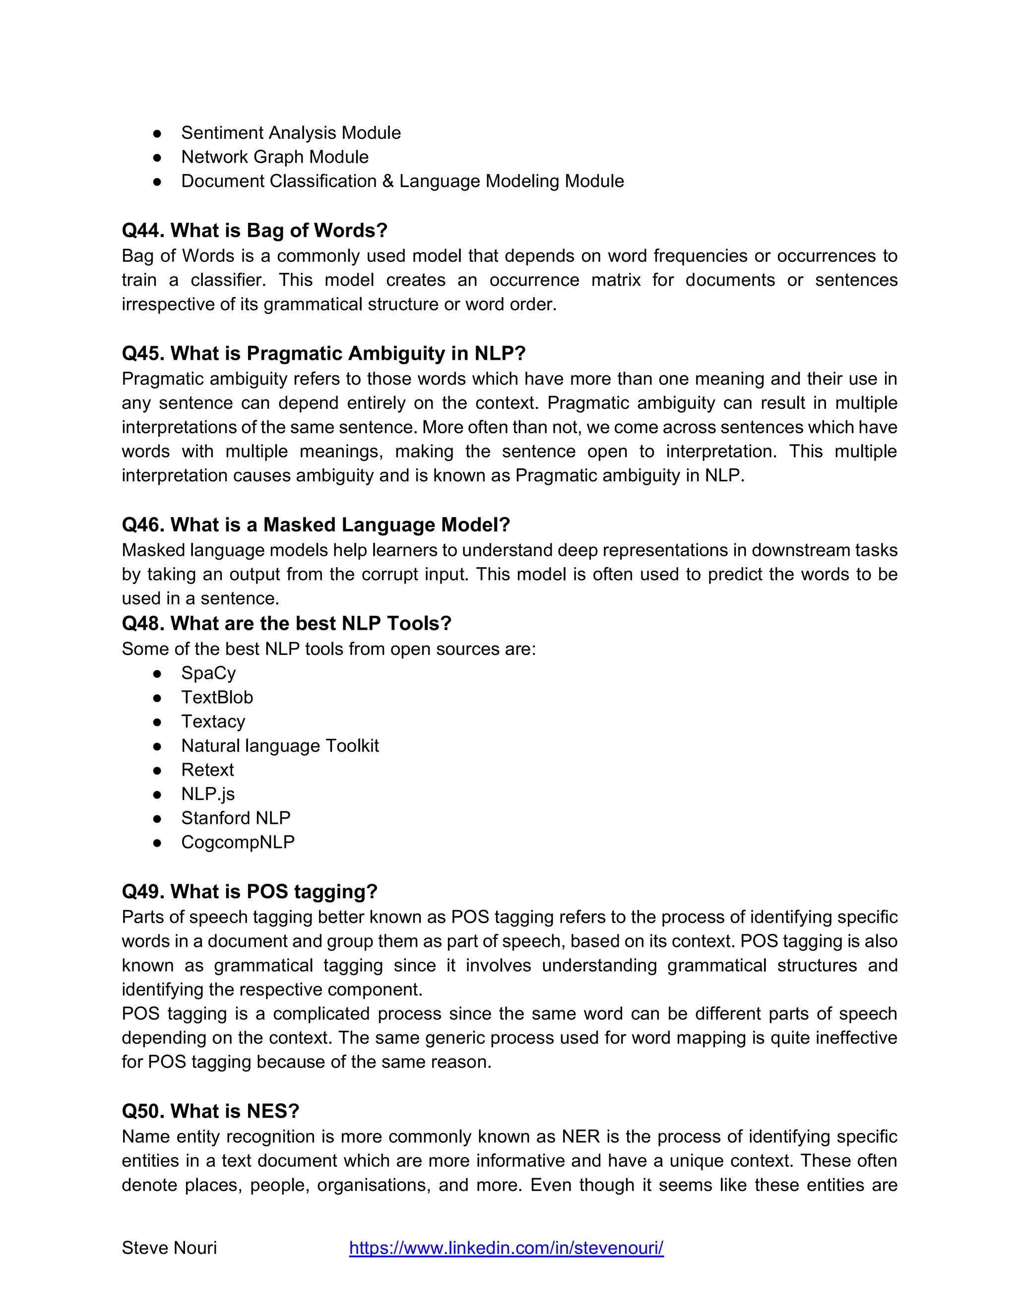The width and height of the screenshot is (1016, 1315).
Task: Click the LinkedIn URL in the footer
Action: coord(506,1248)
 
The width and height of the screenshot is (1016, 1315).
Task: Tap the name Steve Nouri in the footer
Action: coord(169,1248)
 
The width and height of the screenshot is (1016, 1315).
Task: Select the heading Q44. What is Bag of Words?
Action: coord(254,231)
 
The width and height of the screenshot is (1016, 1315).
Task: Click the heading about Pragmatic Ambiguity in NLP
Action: coord(324,353)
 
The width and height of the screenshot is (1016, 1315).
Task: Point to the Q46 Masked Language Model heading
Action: coord(316,525)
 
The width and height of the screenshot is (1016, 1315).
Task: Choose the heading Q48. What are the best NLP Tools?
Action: coord(287,623)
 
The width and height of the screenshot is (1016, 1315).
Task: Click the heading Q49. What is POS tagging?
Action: coord(250,892)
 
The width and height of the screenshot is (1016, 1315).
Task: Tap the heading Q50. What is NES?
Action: coord(211,1111)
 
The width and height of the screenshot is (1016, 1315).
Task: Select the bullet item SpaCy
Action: coord(208,673)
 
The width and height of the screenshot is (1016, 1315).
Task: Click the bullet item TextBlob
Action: coord(217,697)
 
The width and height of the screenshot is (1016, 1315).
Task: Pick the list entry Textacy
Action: coord(213,722)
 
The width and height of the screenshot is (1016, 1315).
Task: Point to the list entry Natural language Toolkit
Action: coord(280,746)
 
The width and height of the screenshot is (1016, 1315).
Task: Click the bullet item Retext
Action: coord(208,770)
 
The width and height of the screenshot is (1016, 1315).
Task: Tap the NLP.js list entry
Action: coord(208,794)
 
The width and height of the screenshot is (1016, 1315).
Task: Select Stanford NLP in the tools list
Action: coord(236,818)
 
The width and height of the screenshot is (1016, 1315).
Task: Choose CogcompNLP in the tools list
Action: coord(238,843)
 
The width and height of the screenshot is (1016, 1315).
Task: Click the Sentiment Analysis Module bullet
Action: coord(291,133)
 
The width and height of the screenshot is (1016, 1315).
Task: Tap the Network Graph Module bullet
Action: coord(274,157)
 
